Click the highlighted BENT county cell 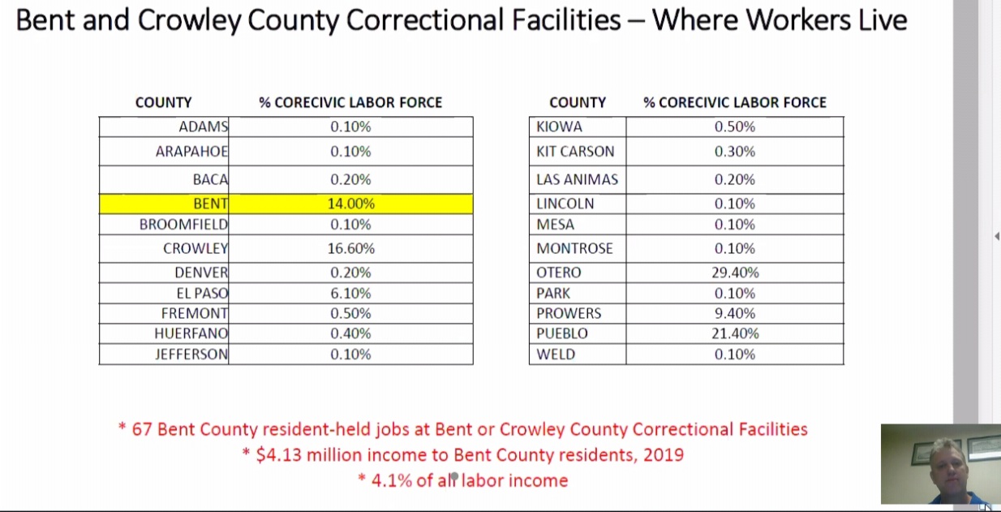click(210, 204)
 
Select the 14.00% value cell click(350, 204)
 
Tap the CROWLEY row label click(195, 248)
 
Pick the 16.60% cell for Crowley click(350, 248)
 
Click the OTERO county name click(558, 273)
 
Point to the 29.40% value click(735, 273)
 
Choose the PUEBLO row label click(561, 333)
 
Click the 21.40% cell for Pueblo click(735, 333)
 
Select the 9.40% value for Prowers click(735, 313)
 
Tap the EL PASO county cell click(202, 293)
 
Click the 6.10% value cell click(350, 293)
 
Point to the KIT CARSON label click(575, 152)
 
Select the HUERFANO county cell click(191, 333)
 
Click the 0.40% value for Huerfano click(350, 333)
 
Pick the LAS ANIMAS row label click(577, 179)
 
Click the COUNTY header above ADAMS click(163, 102)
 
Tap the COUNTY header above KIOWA click(577, 102)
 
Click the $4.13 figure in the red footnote click(278, 454)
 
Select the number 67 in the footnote click(142, 429)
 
